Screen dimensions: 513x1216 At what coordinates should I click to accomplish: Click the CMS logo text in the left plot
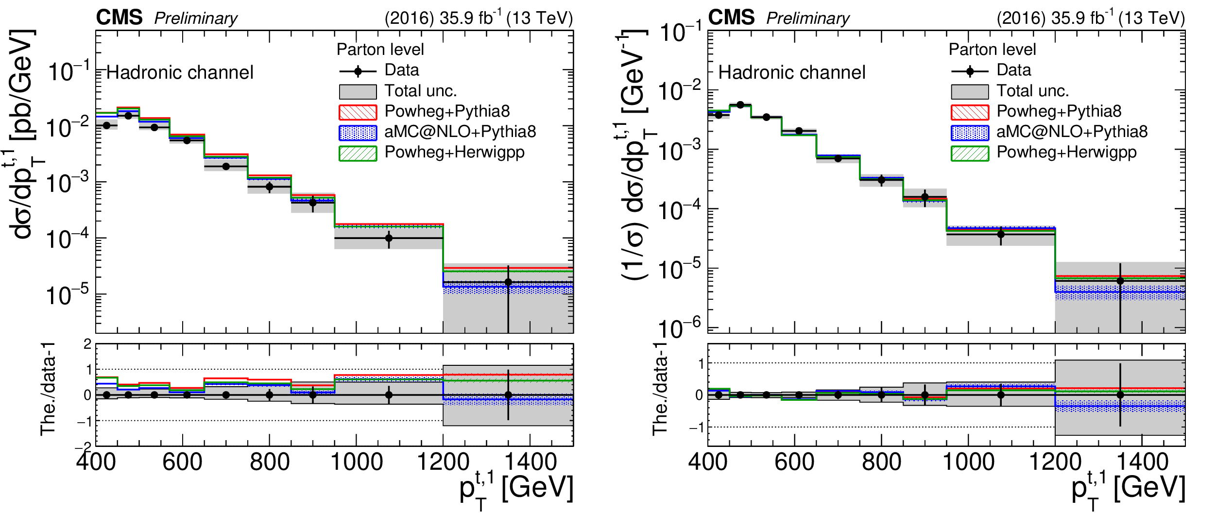point(119,17)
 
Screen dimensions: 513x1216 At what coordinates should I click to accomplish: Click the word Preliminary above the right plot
point(808,18)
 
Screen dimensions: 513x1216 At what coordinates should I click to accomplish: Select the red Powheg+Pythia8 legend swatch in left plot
point(358,112)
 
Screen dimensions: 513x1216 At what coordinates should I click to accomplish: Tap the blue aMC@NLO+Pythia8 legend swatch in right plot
point(970,133)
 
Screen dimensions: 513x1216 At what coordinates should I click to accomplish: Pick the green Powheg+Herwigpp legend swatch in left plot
point(358,153)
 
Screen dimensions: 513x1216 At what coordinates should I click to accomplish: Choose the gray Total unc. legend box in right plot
point(970,92)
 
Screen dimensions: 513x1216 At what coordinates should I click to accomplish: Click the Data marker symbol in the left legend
point(358,71)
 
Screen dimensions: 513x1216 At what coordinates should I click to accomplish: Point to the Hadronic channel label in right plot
point(792,72)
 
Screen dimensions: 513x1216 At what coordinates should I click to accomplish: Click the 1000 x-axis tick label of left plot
point(357,462)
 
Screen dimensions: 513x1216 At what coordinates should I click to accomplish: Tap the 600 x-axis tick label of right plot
point(794,462)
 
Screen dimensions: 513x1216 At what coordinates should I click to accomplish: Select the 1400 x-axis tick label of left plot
point(531,462)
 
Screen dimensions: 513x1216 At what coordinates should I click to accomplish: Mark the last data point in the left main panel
point(508,282)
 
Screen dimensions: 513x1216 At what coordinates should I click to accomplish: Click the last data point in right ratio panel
point(1120,395)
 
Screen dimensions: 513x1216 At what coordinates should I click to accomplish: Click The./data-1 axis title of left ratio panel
point(48,389)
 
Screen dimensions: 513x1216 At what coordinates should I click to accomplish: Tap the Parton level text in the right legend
point(992,50)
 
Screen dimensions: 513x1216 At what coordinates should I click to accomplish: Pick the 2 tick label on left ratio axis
point(87,344)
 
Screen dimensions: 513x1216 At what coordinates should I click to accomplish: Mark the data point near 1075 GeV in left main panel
point(389,238)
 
